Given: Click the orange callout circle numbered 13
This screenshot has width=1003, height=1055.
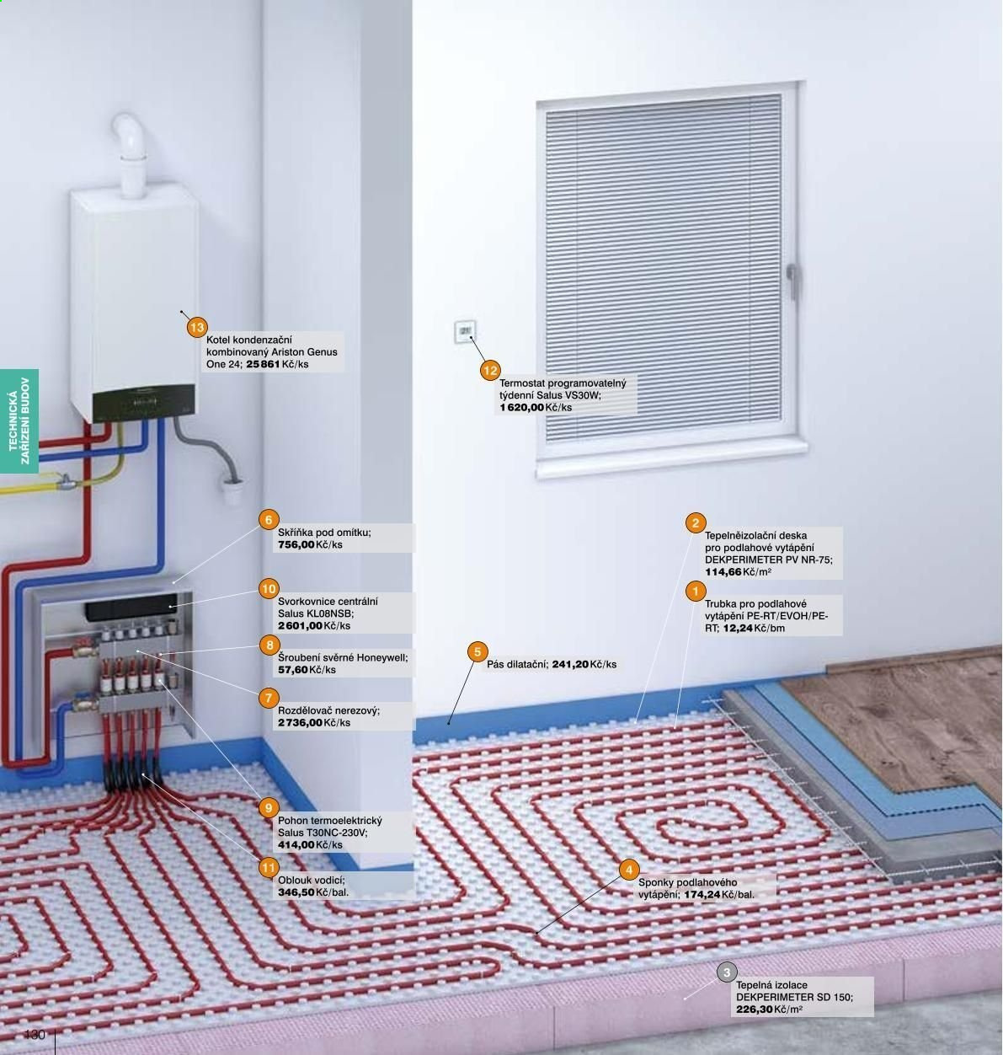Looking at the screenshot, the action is (197, 327).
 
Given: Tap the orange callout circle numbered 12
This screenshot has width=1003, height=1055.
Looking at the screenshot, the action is (490, 370).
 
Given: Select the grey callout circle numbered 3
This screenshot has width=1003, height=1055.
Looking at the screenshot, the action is (727, 972).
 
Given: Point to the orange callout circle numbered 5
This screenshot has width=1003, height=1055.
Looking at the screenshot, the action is (477, 652).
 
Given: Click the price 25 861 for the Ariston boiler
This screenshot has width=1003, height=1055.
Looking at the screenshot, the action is (263, 364).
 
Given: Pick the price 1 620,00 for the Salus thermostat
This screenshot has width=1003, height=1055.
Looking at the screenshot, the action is (522, 407).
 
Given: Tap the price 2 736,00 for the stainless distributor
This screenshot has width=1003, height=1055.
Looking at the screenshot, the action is (300, 722).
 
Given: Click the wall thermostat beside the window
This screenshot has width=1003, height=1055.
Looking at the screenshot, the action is (465, 332).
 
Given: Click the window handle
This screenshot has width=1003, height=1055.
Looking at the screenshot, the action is (791, 278).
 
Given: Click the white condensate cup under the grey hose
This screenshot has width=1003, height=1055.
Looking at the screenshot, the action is (233, 491).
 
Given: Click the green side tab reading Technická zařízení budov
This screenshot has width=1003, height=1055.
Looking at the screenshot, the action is (19, 420).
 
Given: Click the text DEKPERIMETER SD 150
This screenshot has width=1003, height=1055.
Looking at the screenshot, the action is (794, 997).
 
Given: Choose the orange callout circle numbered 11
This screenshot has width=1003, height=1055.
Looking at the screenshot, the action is (269, 867).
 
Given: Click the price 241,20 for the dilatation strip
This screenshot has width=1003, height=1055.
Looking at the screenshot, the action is (570, 664).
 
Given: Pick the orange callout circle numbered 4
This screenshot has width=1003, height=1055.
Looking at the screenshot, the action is (629, 870).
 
